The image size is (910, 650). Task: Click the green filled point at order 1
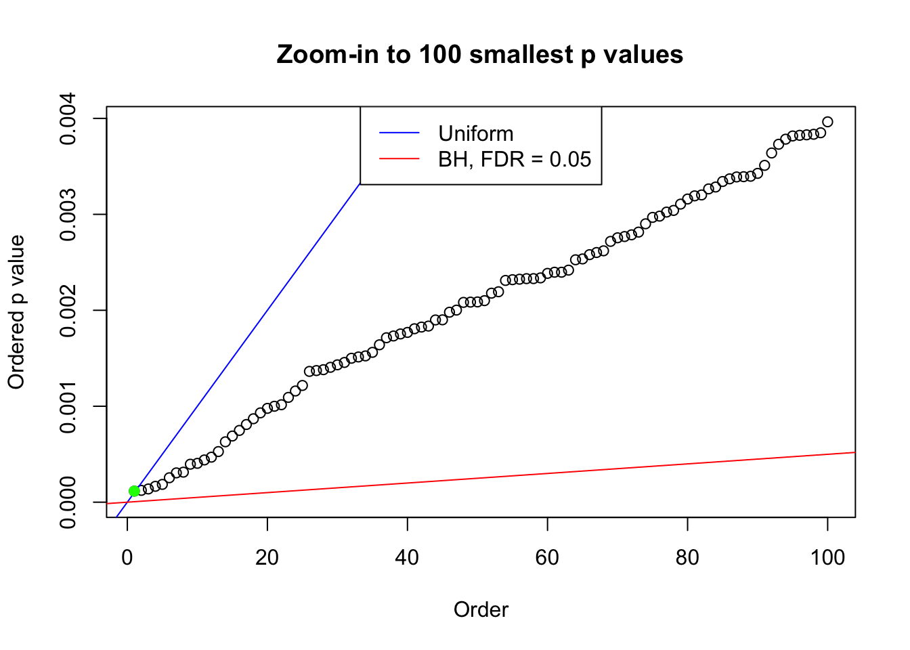point(134,491)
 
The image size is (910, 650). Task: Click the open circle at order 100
point(827,122)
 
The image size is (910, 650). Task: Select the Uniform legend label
point(475,133)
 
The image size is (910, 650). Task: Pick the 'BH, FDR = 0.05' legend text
point(515,159)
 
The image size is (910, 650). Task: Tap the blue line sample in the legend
point(399,133)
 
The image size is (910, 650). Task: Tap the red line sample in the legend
point(399,159)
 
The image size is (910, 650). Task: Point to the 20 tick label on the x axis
point(267,557)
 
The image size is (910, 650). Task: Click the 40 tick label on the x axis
point(407,557)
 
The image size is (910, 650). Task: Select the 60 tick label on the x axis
point(547,557)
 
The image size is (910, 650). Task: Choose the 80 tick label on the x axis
point(687,557)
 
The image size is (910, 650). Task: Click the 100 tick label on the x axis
point(827,557)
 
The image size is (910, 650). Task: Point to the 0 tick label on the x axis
point(127,557)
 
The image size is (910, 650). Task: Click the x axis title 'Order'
point(481,609)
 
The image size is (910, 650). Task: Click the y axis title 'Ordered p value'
point(16,312)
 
